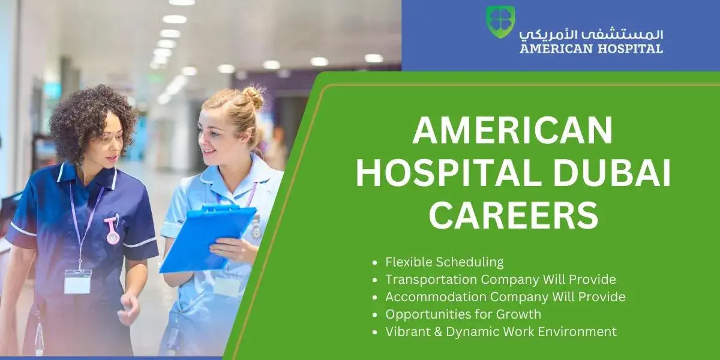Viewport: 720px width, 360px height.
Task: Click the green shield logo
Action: pyautogui.click(x=500, y=22)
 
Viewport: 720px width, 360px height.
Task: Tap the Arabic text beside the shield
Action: pyautogui.click(x=591, y=35)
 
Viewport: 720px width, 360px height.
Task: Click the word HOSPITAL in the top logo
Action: pyautogui.click(x=631, y=49)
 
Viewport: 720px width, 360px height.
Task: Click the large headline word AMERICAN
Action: pyautogui.click(x=512, y=131)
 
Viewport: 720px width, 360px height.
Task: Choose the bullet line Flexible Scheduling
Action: pyautogui.click(x=445, y=262)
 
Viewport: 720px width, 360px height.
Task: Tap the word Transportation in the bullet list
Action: pyautogui.click(x=430, y=280)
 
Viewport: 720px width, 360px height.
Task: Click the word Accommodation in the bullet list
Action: pyautogui.click(x=435, y=297)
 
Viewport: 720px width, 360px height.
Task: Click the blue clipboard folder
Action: pyautogui.click(x=208, y=238)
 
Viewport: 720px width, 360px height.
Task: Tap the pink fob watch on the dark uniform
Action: pyautogui.click(x=112, y=230)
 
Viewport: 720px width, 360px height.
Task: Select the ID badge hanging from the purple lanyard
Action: pyautogui.click(x=77, y=281)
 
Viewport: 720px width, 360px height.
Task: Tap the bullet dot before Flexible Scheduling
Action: pyautogui.click(x=374, y=263)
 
